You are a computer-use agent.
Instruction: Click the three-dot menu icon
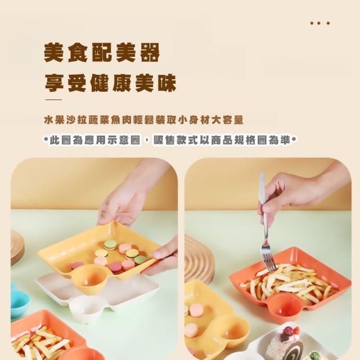click(320, 23)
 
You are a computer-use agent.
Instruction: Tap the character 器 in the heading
click(150, 52)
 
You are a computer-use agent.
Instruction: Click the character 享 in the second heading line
click(54, 83)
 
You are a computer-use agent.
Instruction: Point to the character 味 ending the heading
click(167, 83)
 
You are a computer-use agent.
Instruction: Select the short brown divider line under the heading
click(53, 100)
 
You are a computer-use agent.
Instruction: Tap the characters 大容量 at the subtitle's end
click(227, 120)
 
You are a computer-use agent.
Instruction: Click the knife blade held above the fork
click(262, 186)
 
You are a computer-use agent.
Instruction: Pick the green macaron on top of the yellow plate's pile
click(110, 245)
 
